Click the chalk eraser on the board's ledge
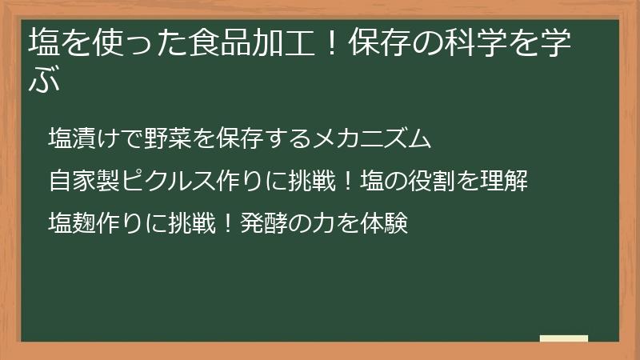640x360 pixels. [x=563, y=338]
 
